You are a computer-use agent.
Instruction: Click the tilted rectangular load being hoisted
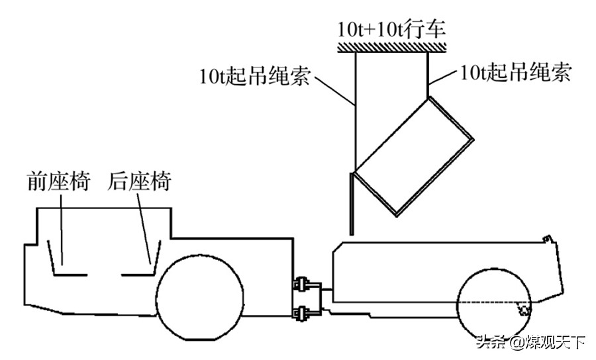[x=411, y=156]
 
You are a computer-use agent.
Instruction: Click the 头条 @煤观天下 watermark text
[x=530, y=343]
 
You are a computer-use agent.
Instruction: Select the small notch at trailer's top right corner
[x=545, y=238]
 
